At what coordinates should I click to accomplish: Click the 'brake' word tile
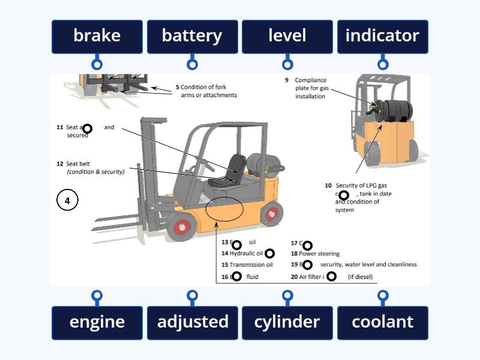tap(97, 37)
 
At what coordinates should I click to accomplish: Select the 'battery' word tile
tap(192, 37)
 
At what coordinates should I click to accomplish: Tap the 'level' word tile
tap(287, 37)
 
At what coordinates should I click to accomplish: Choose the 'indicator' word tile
tap(382, 37)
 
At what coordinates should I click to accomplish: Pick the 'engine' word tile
tap(97, 322)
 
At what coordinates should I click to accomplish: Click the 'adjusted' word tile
tap(192, 322)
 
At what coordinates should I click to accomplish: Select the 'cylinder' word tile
tap(287, 322)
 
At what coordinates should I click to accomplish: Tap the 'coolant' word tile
tap(382, 322)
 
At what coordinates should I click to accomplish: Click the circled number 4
tap(67, 200)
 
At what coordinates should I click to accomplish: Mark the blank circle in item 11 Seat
tap(87, 128)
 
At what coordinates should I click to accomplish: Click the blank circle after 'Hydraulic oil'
tap(269, 254)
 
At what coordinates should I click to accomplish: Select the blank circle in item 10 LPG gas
tap(344, 195)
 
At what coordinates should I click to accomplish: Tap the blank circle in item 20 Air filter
tap(331, 277)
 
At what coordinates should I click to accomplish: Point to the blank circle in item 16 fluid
tap(236, 277)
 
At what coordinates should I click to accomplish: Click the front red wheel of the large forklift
tap(181, 227)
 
